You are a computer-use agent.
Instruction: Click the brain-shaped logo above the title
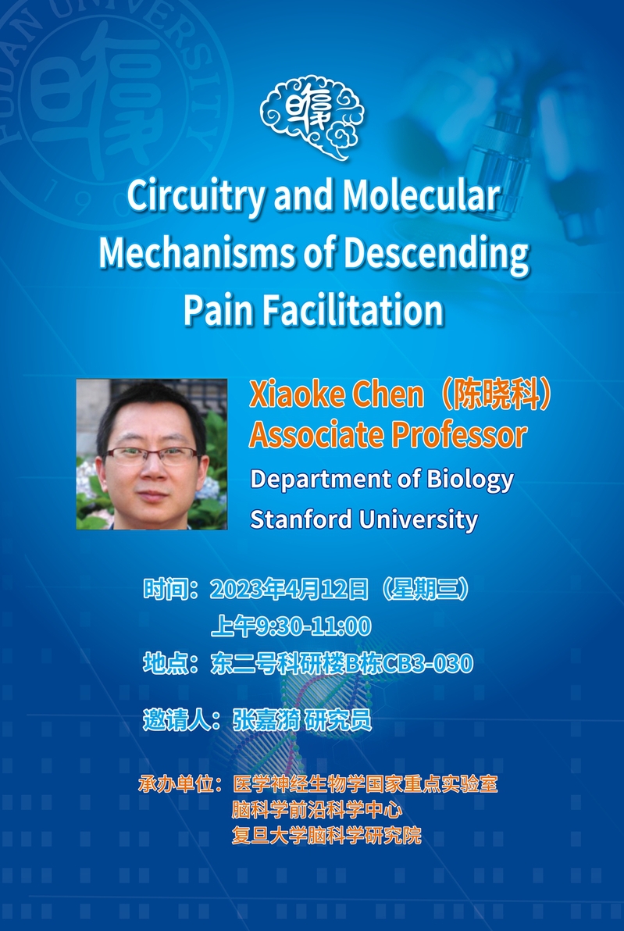312,117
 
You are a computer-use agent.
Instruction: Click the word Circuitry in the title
196,197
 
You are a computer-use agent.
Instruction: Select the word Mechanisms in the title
197,254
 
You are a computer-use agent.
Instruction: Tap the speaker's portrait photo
152,455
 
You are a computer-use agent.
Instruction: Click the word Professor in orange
459,435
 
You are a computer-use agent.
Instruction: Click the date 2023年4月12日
289,590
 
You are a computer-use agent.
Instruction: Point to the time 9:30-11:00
313,626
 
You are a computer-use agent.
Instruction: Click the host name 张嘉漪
266,720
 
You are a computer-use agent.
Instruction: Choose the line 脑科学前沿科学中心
317,810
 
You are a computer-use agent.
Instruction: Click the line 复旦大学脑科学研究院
326,836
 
